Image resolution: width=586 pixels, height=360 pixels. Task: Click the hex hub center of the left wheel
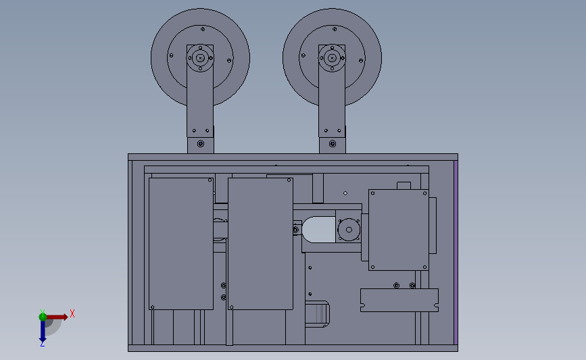tap(200, 58)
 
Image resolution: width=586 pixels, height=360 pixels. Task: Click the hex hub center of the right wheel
tap(332, 58)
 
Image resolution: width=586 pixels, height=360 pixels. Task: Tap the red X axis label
tap(72, 313)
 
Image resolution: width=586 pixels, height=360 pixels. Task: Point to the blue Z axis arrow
tap(43, 331)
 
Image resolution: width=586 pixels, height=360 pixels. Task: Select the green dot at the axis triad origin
tap(43, 317)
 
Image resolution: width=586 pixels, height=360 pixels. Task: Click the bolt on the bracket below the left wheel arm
tap(201, 144)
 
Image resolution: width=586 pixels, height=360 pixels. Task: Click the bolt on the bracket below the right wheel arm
tap(333, 144)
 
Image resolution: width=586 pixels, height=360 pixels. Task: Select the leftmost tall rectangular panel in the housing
tap(181, 244)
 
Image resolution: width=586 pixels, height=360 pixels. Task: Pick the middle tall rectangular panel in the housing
tap(260, 244)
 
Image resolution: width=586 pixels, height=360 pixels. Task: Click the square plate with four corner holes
tap(398, 230)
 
